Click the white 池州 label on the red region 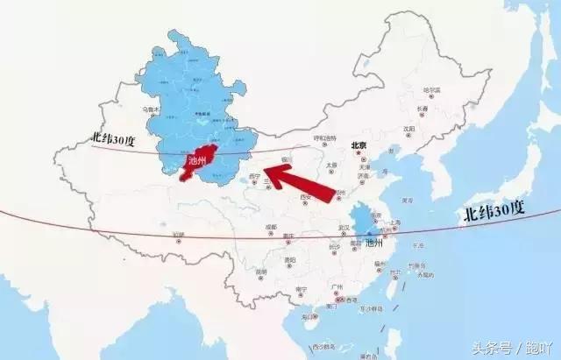point(198,161)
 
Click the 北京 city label point(358,146)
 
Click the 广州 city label point(337,287)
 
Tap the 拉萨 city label point(180,235)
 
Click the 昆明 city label point(262,274)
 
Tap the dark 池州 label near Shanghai point(374,242)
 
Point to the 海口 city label point(309,315)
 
